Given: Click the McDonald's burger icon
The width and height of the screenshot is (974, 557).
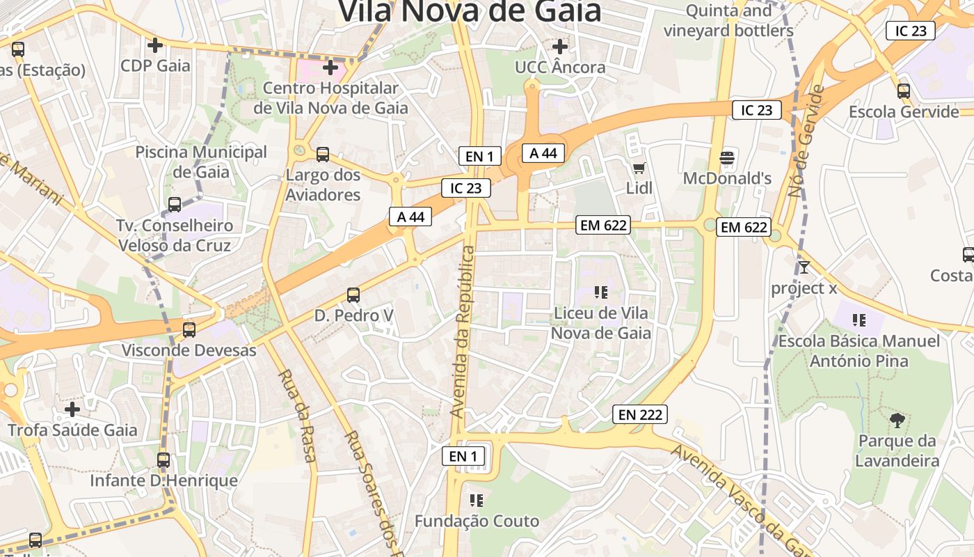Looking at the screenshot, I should coord(727,157).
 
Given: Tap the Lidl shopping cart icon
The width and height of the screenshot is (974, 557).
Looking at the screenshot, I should coord(639,168).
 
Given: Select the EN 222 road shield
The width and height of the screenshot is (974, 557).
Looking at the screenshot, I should coord(640,415).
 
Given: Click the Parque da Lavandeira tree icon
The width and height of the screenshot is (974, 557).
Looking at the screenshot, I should coord(897,420).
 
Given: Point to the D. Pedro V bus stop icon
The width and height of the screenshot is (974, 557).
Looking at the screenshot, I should coord(353,295).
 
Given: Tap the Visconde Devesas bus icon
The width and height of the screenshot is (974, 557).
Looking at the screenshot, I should coord(189,330).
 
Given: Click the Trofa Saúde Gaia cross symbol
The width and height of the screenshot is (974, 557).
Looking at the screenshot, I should coord(72,409).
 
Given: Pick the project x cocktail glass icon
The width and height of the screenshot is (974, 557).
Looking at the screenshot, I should coord(804,267).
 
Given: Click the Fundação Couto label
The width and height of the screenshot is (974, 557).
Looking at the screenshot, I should coord(477,521).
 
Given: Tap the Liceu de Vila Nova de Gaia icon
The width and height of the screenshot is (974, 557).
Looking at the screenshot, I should coord(601,292).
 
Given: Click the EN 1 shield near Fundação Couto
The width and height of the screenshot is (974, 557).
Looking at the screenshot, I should coord(463,456).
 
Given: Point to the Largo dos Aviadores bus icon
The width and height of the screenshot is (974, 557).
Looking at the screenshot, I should coord(323,155).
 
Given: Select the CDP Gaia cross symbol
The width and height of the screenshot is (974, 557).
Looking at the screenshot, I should coord(155,45).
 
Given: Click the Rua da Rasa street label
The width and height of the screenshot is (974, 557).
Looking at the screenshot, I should coord(298,415).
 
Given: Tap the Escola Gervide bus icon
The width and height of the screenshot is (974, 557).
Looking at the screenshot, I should coord(904,91).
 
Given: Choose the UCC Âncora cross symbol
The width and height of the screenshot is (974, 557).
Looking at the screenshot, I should coord(560,47).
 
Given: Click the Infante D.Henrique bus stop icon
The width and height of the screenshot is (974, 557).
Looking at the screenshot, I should coord(163,460).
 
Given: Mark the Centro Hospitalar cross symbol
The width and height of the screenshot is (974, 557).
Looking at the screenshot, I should coord(330,68).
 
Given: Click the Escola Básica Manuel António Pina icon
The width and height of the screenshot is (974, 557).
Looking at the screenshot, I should coord(859,320).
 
